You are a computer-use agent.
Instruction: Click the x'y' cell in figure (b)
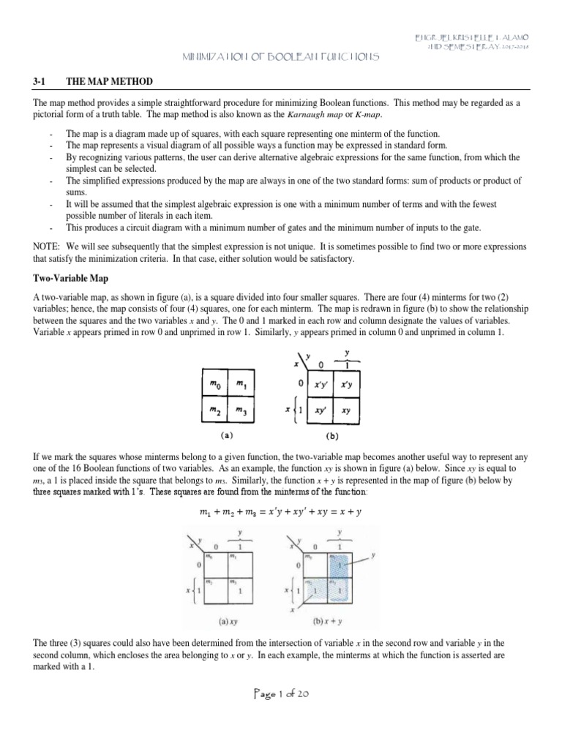point(320,383)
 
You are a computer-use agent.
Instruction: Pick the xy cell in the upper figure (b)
point(346,410)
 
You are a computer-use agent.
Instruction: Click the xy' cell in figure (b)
point(320,410)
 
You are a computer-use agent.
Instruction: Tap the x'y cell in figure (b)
point(346,383)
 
